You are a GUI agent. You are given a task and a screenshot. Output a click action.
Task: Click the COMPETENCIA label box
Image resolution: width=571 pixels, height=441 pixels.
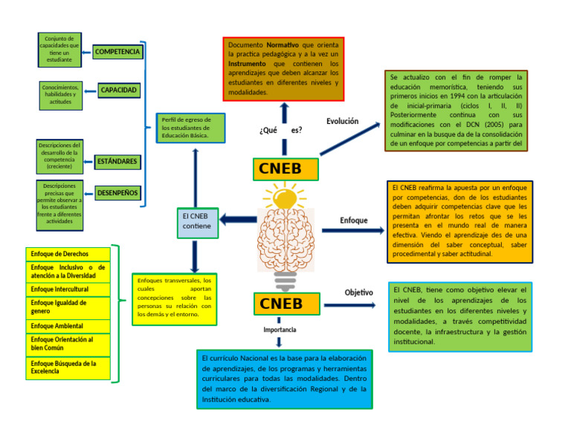pyautogui.click(x=117, y=52)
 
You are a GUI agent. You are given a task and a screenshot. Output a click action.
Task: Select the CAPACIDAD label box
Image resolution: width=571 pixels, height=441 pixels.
pyautogui.click(x=119, y=91)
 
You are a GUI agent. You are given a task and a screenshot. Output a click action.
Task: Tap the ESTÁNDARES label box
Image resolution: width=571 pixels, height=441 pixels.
pyautogui.click(x=117, y=161)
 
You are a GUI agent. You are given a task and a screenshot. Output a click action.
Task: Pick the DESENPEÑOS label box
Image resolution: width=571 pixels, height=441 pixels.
pyautogui.click(x=117, y=193)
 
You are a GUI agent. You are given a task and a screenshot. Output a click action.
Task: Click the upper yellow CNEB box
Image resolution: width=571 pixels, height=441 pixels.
pyautogui.click(x=285, y=169)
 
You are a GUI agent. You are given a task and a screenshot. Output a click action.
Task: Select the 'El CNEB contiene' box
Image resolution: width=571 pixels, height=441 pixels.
pyautogui.click(x=197, y=220)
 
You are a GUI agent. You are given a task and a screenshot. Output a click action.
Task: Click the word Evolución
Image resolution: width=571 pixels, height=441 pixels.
pyautogui.click(x=342, y=121)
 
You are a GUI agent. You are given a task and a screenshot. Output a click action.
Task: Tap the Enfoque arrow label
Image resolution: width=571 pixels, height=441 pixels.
pyautogui.click(x=353, y=220)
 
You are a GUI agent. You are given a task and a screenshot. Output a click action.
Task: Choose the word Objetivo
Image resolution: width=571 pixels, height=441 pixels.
pyautogui.click(x=358, y=293)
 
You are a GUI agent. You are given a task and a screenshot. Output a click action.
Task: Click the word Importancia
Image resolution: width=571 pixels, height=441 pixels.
pyautogui.click(x=280, y=329)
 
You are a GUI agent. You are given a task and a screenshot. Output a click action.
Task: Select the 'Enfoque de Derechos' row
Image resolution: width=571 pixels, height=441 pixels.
pyautogui.click(x=68, y=254)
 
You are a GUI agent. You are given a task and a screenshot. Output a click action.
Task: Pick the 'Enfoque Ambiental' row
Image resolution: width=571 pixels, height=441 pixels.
pyautogui.click(x=68, y=326)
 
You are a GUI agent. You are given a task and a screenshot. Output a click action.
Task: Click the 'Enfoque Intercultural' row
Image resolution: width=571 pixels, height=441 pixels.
pyautogui.click(x=68, y=289)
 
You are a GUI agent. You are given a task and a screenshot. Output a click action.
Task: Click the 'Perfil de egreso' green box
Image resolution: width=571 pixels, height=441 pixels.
pyautogui.click(x=192, y=128)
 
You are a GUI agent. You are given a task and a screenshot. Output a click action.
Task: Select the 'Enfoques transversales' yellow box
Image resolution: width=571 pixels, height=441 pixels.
pyautogui.click(x=174, y=298)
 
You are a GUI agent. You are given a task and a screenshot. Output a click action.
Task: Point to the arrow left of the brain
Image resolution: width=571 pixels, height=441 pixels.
pyautogui.click(x=239, y=219)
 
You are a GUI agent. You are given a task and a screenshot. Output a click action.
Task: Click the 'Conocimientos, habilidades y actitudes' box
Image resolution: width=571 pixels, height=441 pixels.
pyautogui.click(x=61, y=95)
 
